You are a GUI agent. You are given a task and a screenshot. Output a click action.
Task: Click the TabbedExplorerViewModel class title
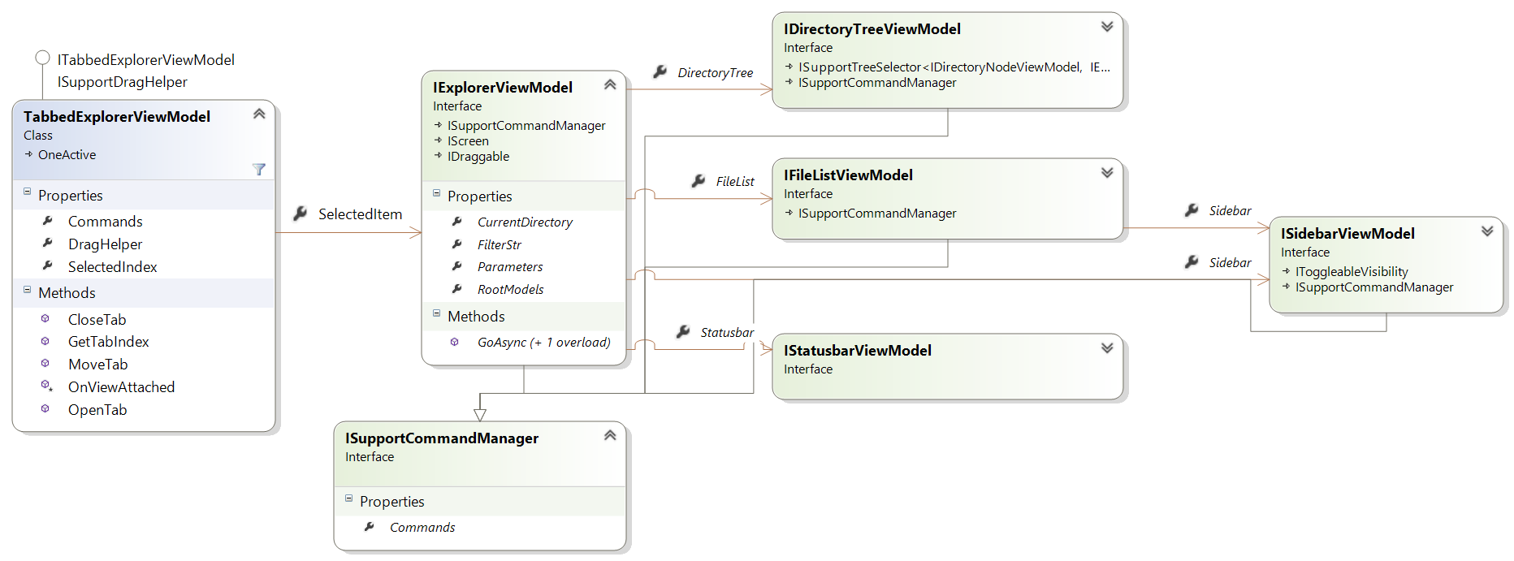click(117, 117)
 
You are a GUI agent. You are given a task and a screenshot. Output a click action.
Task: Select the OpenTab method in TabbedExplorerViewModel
click(97, 410)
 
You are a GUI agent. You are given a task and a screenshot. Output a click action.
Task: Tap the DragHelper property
click(105, 244)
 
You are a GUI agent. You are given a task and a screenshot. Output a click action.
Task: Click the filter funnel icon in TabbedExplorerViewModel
click(259, 170)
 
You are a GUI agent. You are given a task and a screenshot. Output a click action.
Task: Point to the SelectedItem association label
click(360, 214)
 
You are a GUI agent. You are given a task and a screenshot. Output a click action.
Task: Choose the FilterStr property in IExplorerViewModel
click(500, 244)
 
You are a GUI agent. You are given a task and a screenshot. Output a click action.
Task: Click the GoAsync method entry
click(544, 343)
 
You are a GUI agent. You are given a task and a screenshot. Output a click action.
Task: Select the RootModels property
click(511, 290)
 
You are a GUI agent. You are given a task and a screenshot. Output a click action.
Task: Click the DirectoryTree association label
click(716, 73)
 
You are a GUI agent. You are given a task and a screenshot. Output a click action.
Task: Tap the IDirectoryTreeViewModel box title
click(872, 29)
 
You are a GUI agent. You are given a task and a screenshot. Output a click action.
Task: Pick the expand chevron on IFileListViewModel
click(1107, 173)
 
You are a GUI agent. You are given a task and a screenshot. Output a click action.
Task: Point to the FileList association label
click(735, 182)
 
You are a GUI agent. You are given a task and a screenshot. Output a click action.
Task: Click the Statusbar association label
click(727, 333)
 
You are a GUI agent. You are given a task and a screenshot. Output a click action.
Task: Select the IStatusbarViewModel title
click(858, 351)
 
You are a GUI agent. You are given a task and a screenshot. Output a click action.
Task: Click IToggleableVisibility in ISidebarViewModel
click(1352, 272)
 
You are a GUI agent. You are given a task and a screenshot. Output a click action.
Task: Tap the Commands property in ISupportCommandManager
click(422, 528)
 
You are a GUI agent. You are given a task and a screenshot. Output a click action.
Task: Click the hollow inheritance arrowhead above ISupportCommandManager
click(480, 415)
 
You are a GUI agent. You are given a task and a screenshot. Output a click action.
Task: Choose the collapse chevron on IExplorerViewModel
click(610, 85)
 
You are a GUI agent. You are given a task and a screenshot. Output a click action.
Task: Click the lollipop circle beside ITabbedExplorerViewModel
click(42, 58)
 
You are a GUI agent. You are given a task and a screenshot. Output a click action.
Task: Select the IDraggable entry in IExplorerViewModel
click(478, 157)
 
